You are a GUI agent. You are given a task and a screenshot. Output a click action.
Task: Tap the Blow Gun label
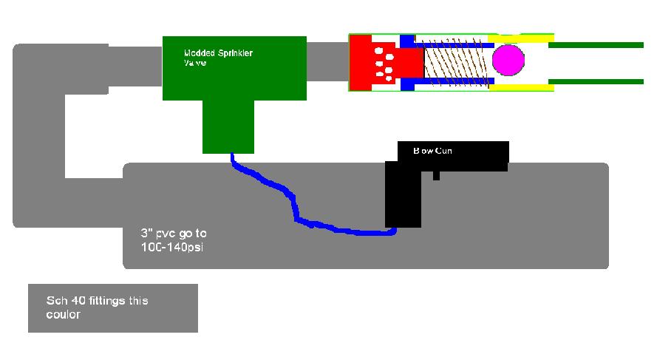pos(433,151)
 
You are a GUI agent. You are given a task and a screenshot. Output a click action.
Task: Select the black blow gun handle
pos(404,196)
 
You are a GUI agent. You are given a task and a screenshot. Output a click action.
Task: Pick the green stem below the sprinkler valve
pos(228,129)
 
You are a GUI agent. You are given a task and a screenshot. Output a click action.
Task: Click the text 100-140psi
pos(171,247)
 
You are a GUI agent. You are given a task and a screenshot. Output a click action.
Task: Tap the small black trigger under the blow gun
pos(437,176)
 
